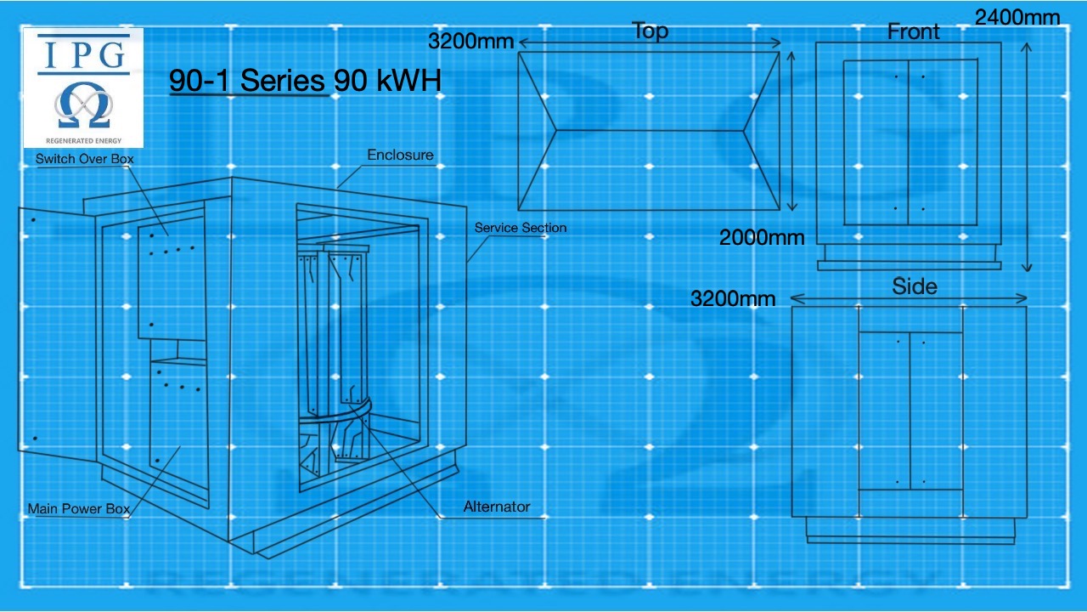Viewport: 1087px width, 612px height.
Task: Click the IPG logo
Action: pyautogui.click(x=83, y=87)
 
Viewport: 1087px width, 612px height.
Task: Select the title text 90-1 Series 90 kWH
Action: pyautogui.click(x=305, y=81)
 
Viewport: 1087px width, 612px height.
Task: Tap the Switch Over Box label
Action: pyautogui.click(x=84, y=159)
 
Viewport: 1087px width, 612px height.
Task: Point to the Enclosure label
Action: pyautogui.click(x=400, y=155)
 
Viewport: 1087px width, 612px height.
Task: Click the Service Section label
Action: pyautogui.click(x=520, y=228)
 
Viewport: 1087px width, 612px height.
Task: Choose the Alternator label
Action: pyautogui.click(x=496, y=507)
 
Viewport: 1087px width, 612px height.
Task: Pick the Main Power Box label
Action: pyautogui.click(x=78, y=509)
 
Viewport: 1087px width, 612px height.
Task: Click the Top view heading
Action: pyautogui.click(x=650, y=31)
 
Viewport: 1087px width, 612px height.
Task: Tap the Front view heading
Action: pyautogui.click(x=913, y=31)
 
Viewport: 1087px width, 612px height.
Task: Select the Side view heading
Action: pyautogui.click(x=915, y=286)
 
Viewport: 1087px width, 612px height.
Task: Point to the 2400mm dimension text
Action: pyautogui.click(x=1017, y=16)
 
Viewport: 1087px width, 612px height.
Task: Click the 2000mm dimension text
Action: pyautogui.click(x=761, y=237)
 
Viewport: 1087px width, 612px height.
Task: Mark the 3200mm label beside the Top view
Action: pyautogui.click(x=470, y=41)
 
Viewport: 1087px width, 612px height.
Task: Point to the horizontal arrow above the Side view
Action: pyautogui.click(x=909, y=298)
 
